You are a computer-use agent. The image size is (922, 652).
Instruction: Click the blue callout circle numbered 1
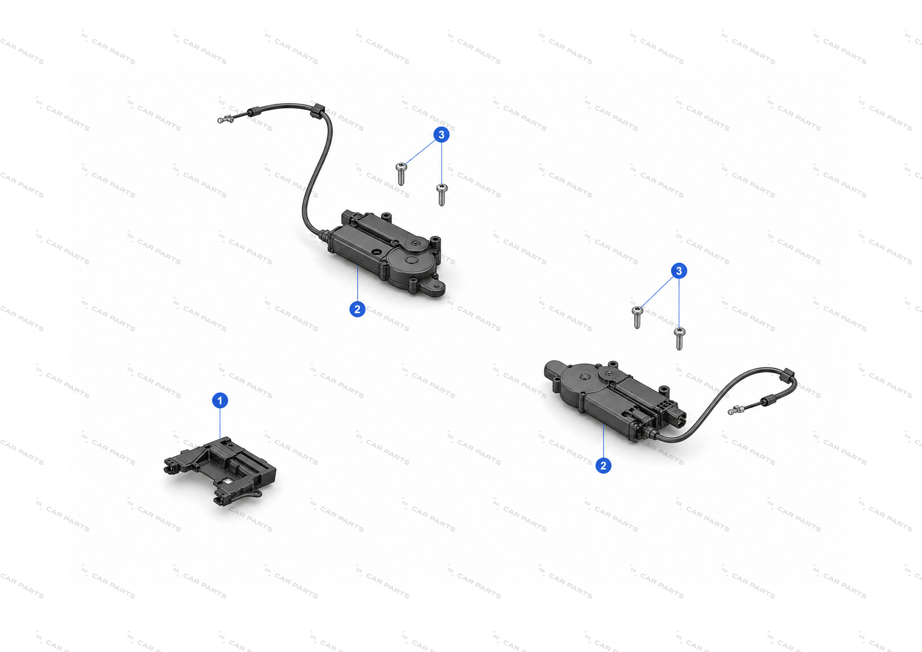[x=220, y=401]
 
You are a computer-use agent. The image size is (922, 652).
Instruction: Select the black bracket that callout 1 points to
[x=220, y=470]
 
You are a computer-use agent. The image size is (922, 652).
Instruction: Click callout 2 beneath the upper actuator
[x=357, y=309]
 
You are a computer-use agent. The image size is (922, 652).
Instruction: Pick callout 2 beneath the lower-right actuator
[x=603, y=465]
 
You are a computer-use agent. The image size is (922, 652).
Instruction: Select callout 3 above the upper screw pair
[x=442, y=134]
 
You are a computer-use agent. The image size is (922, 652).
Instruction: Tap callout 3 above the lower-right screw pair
[x=679, y=271]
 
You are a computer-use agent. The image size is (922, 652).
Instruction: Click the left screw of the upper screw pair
[x=401, y=173]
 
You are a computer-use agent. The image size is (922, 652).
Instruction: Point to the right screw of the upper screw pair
[x=442, y=195]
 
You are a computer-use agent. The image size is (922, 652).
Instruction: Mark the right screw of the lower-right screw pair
[x=679, y=339]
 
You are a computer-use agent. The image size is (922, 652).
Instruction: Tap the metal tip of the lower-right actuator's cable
[x=736, y=410]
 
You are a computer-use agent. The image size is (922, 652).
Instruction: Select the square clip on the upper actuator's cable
[x=317, y=111]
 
